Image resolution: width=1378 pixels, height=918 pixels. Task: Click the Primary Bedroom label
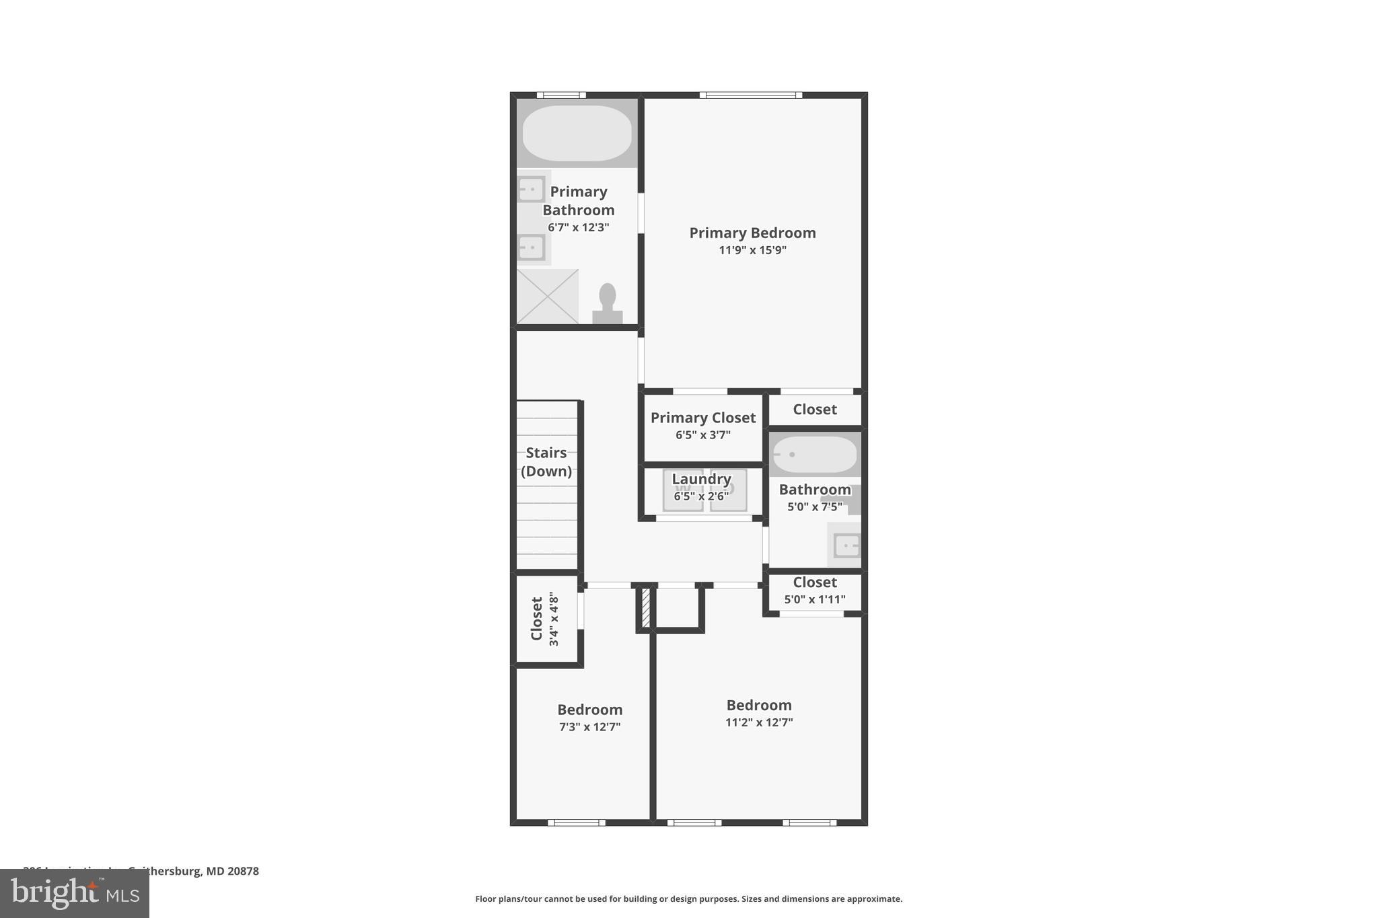752,233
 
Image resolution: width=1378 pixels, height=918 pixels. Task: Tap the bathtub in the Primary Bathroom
577,132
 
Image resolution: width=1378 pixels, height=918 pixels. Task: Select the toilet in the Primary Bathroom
608,304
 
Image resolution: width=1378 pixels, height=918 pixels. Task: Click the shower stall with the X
548,297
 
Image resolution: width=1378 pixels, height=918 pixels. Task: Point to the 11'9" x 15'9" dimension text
752,250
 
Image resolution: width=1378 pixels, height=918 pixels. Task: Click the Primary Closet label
703,418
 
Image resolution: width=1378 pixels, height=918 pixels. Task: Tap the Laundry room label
701,479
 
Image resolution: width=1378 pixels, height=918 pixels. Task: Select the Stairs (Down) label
546,462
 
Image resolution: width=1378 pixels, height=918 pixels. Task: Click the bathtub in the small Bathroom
814,455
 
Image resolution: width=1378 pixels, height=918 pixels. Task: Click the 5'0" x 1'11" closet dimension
815,599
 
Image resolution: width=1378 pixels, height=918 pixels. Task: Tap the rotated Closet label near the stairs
537,619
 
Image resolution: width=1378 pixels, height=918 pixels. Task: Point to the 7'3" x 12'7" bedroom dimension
589,727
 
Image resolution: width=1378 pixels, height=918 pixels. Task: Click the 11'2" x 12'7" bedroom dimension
759,723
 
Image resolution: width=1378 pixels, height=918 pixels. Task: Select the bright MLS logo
75,894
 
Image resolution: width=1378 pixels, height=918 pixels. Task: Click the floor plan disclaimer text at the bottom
688,899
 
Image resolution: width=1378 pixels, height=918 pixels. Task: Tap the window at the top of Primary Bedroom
751,95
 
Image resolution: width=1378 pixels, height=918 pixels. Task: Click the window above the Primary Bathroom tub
561,95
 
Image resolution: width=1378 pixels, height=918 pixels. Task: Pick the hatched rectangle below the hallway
645,608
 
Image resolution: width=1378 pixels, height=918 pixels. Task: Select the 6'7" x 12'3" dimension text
578,227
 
